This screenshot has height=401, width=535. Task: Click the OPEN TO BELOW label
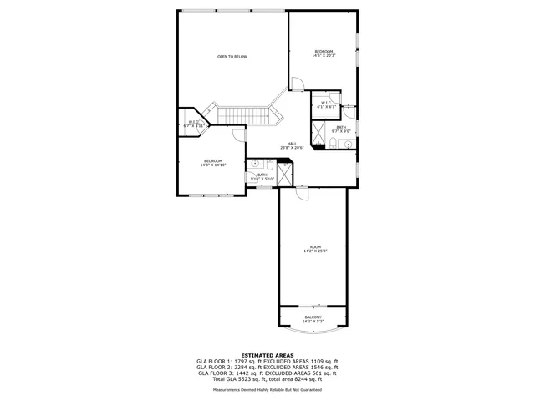tap(232, 57)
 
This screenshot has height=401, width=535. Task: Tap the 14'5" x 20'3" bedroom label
tap(324, 53)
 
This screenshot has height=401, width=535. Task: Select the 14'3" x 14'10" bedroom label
tap(213, 163)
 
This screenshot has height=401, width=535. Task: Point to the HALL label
tap(292, 145)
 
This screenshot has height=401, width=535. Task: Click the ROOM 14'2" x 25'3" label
tap(315, 249)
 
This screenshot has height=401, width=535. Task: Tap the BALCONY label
tap(313, 319)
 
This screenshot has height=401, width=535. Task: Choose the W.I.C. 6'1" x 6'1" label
tap(326, 105)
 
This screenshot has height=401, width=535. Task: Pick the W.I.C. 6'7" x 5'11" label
tap(194, 124)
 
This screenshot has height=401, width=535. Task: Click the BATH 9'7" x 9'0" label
tap(341, 129)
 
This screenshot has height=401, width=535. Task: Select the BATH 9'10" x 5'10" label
tap(262, 176)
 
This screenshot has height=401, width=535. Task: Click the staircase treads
tap(242, 114)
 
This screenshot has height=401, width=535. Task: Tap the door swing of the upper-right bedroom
tap(297, 83)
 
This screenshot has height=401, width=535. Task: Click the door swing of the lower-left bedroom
tap(238, 135)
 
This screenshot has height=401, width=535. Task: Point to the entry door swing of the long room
tap(303, 193)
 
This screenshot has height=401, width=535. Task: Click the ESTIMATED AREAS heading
tap(267, 355)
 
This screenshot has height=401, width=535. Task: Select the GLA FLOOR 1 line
tap(267, 361)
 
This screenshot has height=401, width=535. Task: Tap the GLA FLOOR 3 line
tap(267, 373)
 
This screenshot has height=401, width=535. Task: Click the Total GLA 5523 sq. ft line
tap(267, 378)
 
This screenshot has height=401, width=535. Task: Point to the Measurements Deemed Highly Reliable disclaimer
tap(267, 389)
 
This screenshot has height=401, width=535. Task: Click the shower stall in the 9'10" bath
tap(284, 175)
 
